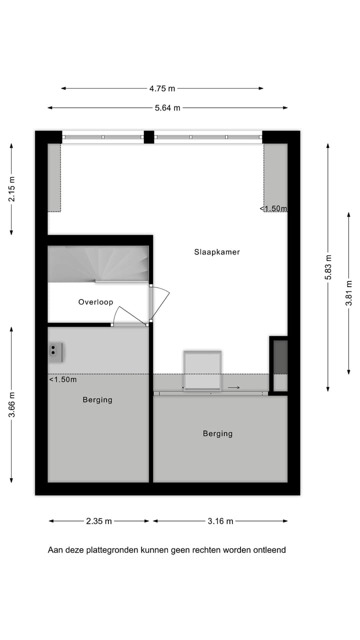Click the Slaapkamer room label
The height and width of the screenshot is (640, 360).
pos(217,252)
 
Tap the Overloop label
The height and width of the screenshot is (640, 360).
pos(95,302)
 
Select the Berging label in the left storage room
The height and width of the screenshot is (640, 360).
pos(97,399)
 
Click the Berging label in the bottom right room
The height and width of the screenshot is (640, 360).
pos(217,433)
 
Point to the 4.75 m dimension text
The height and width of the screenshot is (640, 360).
pos(162,88)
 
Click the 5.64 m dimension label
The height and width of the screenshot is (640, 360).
pos(167,107)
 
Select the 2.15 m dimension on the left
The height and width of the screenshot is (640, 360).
pos(11,189)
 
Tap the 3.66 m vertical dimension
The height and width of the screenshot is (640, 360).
pos(11,405)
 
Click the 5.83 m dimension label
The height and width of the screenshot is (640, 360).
pos(328,267)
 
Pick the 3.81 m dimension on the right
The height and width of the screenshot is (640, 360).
pos(349,292)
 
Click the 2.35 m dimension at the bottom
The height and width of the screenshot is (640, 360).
pos(99,521)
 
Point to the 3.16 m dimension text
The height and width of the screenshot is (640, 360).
pos(220,521)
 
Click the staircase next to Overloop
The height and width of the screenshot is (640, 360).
pos(98,263)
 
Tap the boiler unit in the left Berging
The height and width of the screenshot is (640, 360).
pos(55,352)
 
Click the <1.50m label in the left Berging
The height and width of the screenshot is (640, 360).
pos(63,379)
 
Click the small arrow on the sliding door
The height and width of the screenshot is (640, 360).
pos(234,387)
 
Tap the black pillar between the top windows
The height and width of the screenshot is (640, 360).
pos(148,137)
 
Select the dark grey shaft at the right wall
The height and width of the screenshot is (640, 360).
pos(280,356)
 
